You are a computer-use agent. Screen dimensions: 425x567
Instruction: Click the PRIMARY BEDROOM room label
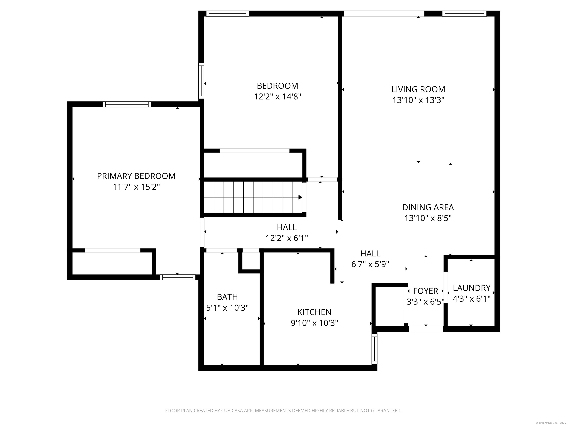(x=136, y=176)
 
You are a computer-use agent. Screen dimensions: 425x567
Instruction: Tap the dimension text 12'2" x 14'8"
(x=277, y=97)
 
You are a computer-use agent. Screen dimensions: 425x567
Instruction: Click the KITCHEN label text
(x=314, y=312)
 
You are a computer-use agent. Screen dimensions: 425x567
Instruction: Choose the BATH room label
(x=227, y=297)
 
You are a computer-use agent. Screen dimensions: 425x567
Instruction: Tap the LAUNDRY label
(x=471, y=288)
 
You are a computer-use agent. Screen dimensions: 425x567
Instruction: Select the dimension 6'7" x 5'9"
(x=370, y=264)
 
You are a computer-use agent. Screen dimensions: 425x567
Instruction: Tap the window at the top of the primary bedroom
(x=127, y=104)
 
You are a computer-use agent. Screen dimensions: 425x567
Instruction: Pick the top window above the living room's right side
(x=464, y=14)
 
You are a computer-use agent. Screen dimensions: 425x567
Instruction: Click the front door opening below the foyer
(x=426, y=329)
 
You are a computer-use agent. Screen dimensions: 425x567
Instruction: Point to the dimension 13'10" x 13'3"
(x=418, y=100)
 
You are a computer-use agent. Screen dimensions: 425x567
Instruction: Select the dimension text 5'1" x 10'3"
(x=227, y=308)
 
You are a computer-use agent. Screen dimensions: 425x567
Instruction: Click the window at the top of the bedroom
(x=227, y=14)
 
